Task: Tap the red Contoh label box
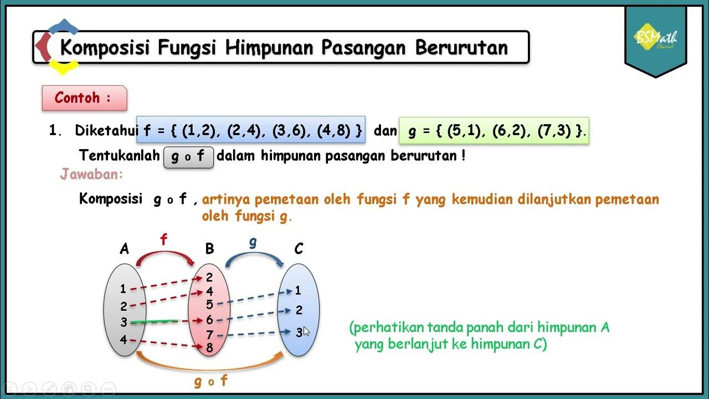click(84, 98)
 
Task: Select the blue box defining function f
click(251, 130)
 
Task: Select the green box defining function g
click(494, 131)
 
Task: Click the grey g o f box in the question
click(188, 157)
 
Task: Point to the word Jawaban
click(91, 175)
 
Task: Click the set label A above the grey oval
click(124, 249)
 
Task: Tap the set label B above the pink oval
click(209, 249)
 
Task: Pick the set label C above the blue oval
click(299, 249)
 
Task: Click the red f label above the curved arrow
click(163, 240)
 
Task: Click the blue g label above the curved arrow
click(253, 242)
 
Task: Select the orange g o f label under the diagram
click(210, 381)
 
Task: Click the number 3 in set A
click(124, 323)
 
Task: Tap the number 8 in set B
click(209, 348)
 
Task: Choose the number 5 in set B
click(209, 304)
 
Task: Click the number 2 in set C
click(299, 310)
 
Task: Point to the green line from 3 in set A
click(155, 321)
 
